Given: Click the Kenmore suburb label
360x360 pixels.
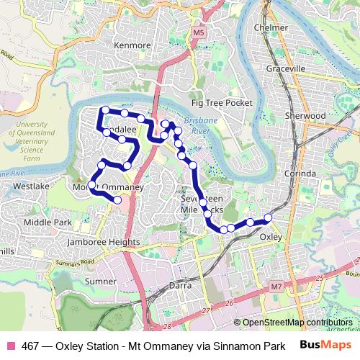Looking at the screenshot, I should [x=132, y=45].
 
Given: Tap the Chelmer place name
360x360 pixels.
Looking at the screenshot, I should [x=271, y=28].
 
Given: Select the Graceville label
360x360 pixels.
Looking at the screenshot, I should [x=285, y=68].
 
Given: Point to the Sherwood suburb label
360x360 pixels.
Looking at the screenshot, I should [x=305, y=115].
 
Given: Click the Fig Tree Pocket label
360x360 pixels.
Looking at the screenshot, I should [x=222, y=103].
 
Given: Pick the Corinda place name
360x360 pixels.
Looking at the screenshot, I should [x=300, y=174].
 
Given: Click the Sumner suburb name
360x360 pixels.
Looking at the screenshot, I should [x=100, y=281].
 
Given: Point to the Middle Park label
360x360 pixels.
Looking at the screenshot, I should [x=48, y=222].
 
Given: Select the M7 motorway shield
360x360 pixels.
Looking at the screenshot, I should [x=276, y=287].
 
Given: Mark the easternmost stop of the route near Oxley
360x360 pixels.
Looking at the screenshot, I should [x=268, y=217].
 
